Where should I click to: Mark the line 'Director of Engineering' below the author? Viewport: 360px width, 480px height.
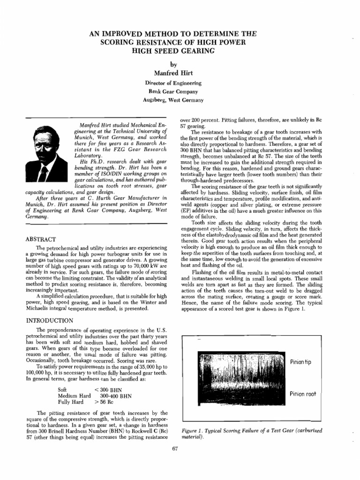[173, 83]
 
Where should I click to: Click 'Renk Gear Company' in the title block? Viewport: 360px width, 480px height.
[173, 91]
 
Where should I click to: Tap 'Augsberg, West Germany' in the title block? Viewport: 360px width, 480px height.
[173, 100]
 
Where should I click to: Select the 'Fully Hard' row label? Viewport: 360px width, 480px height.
[70, 402]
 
